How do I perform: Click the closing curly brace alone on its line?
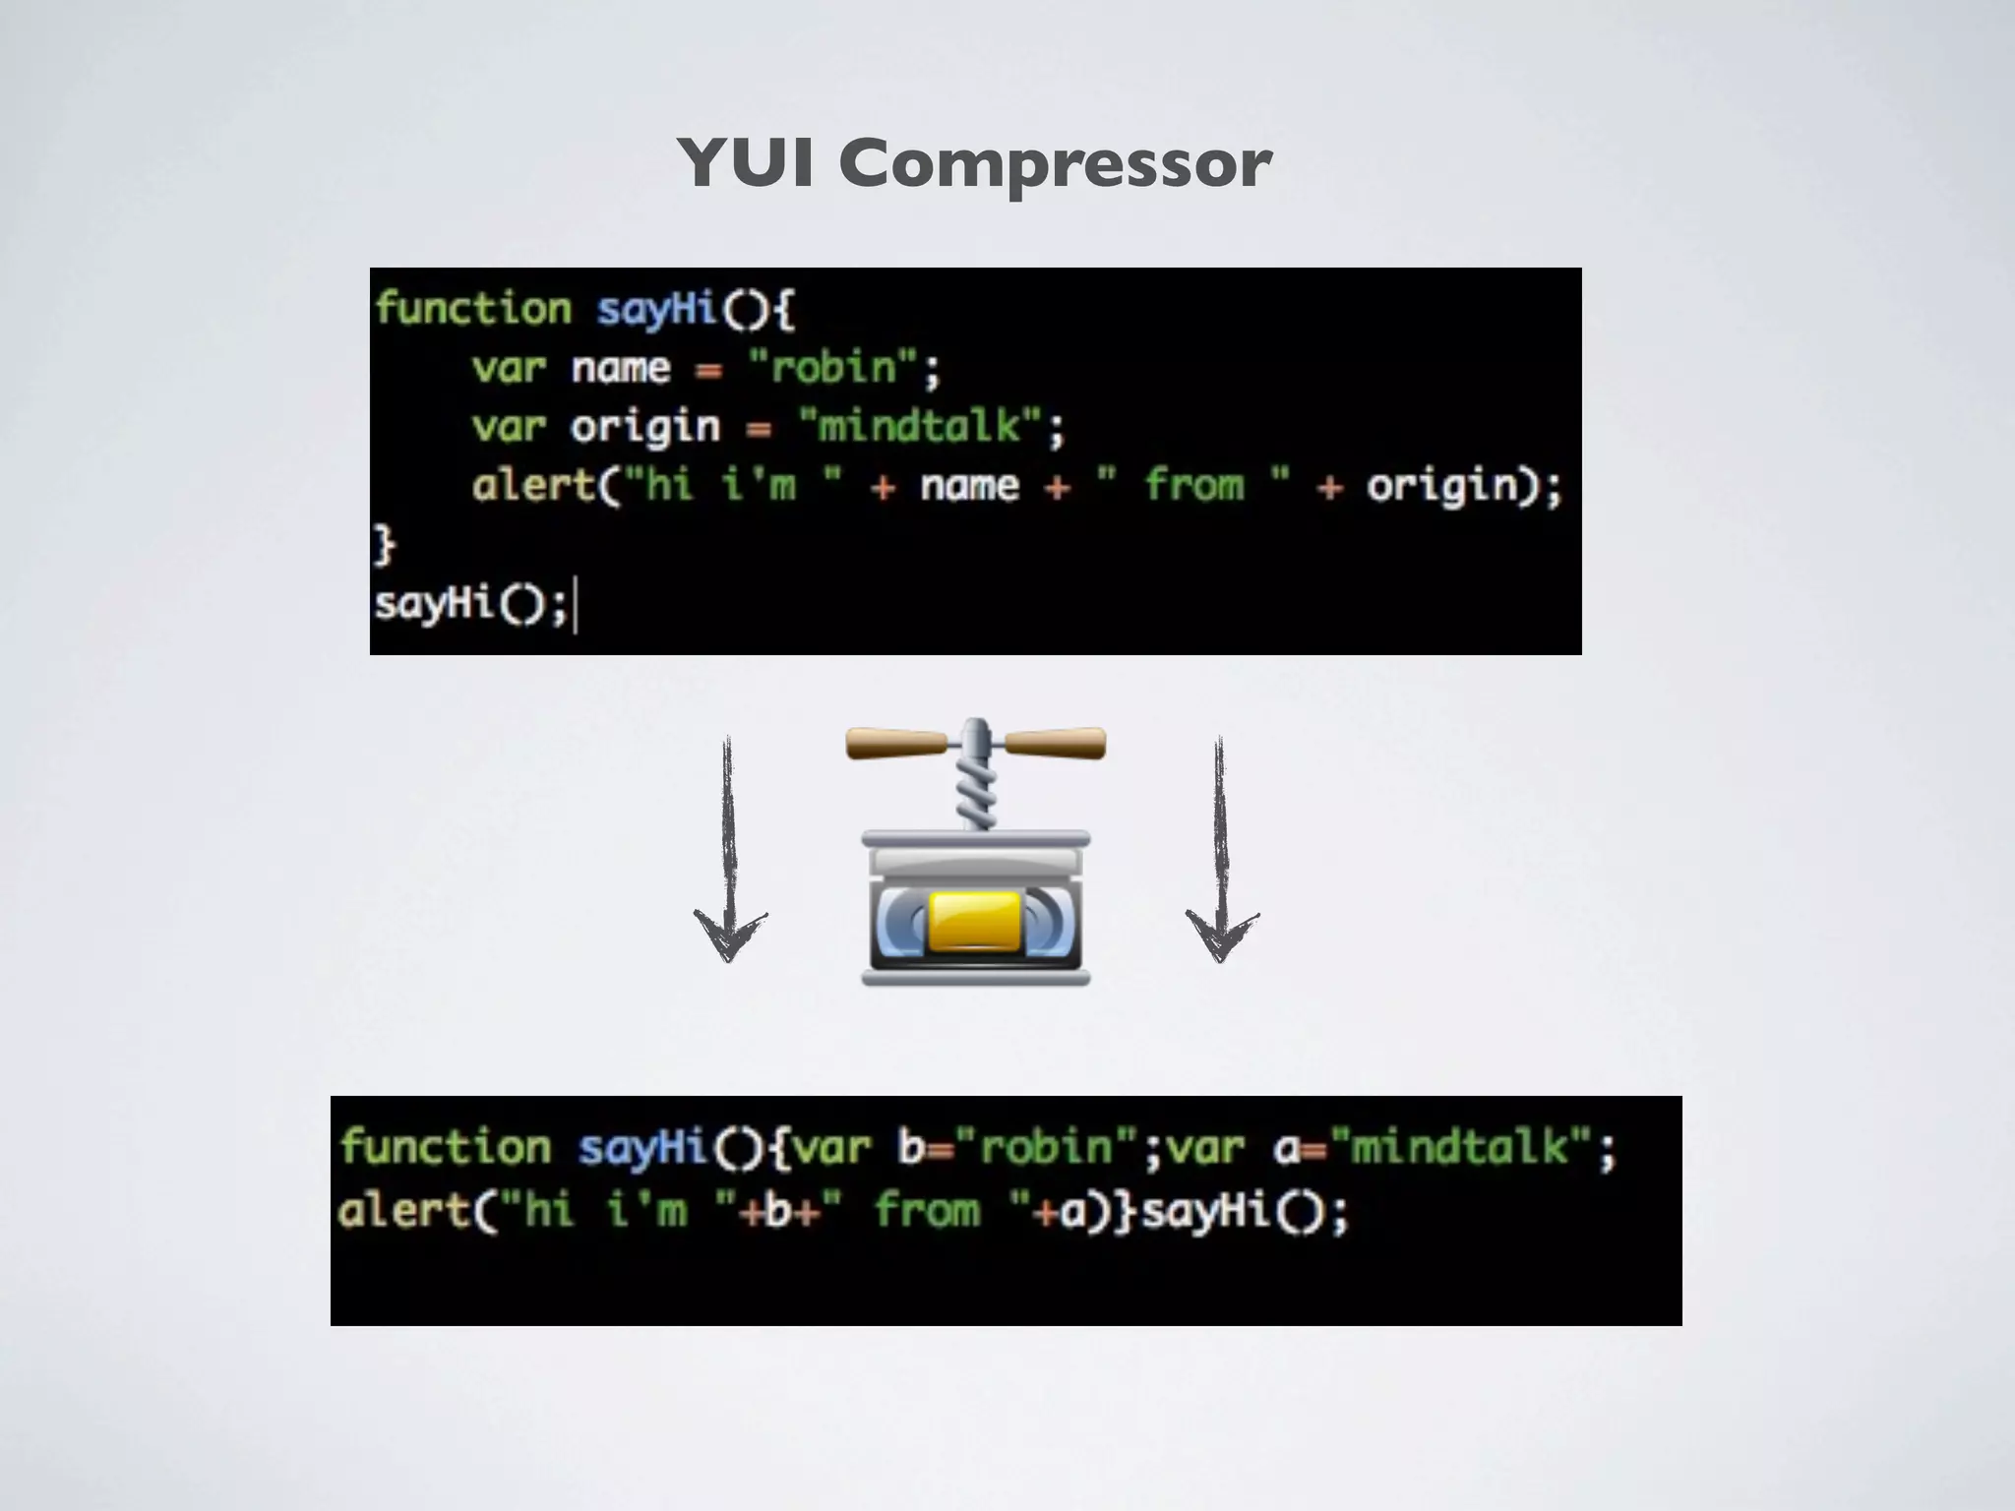click(x=384, y=544)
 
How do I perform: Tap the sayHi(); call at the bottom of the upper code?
click(x=470, y=603)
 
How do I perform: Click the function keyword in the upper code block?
click(x=473, y=309)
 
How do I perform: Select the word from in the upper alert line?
click(x=1194, y=486)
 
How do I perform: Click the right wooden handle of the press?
click(x=1057, y=743)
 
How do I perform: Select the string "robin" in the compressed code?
click(x=1047, y=1148)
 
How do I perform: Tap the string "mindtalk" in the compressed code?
click(x=1460, y=1148)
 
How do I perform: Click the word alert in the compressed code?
click(x=403, y=1210)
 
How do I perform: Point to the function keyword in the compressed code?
click(x=446, y=1148)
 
